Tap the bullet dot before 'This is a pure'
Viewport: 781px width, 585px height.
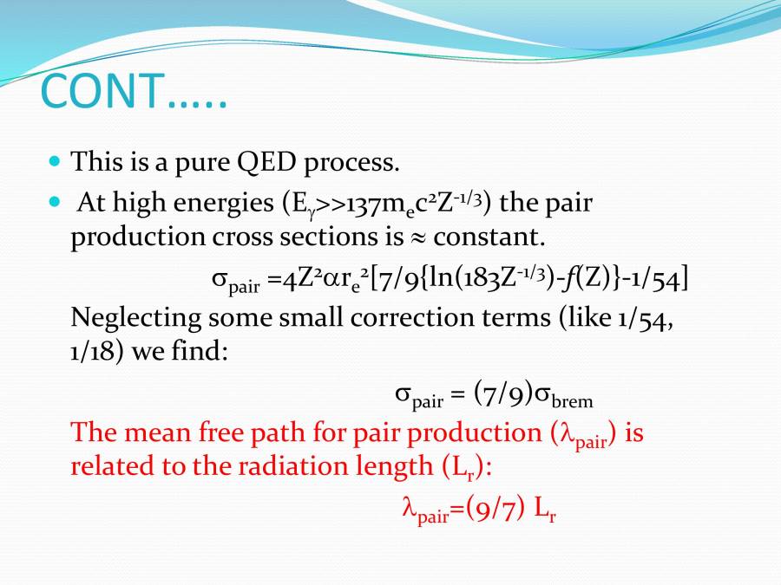click(55, 161)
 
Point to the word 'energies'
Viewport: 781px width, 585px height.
click(224, 205)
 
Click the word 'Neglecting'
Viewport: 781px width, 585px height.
click(135, 318)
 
